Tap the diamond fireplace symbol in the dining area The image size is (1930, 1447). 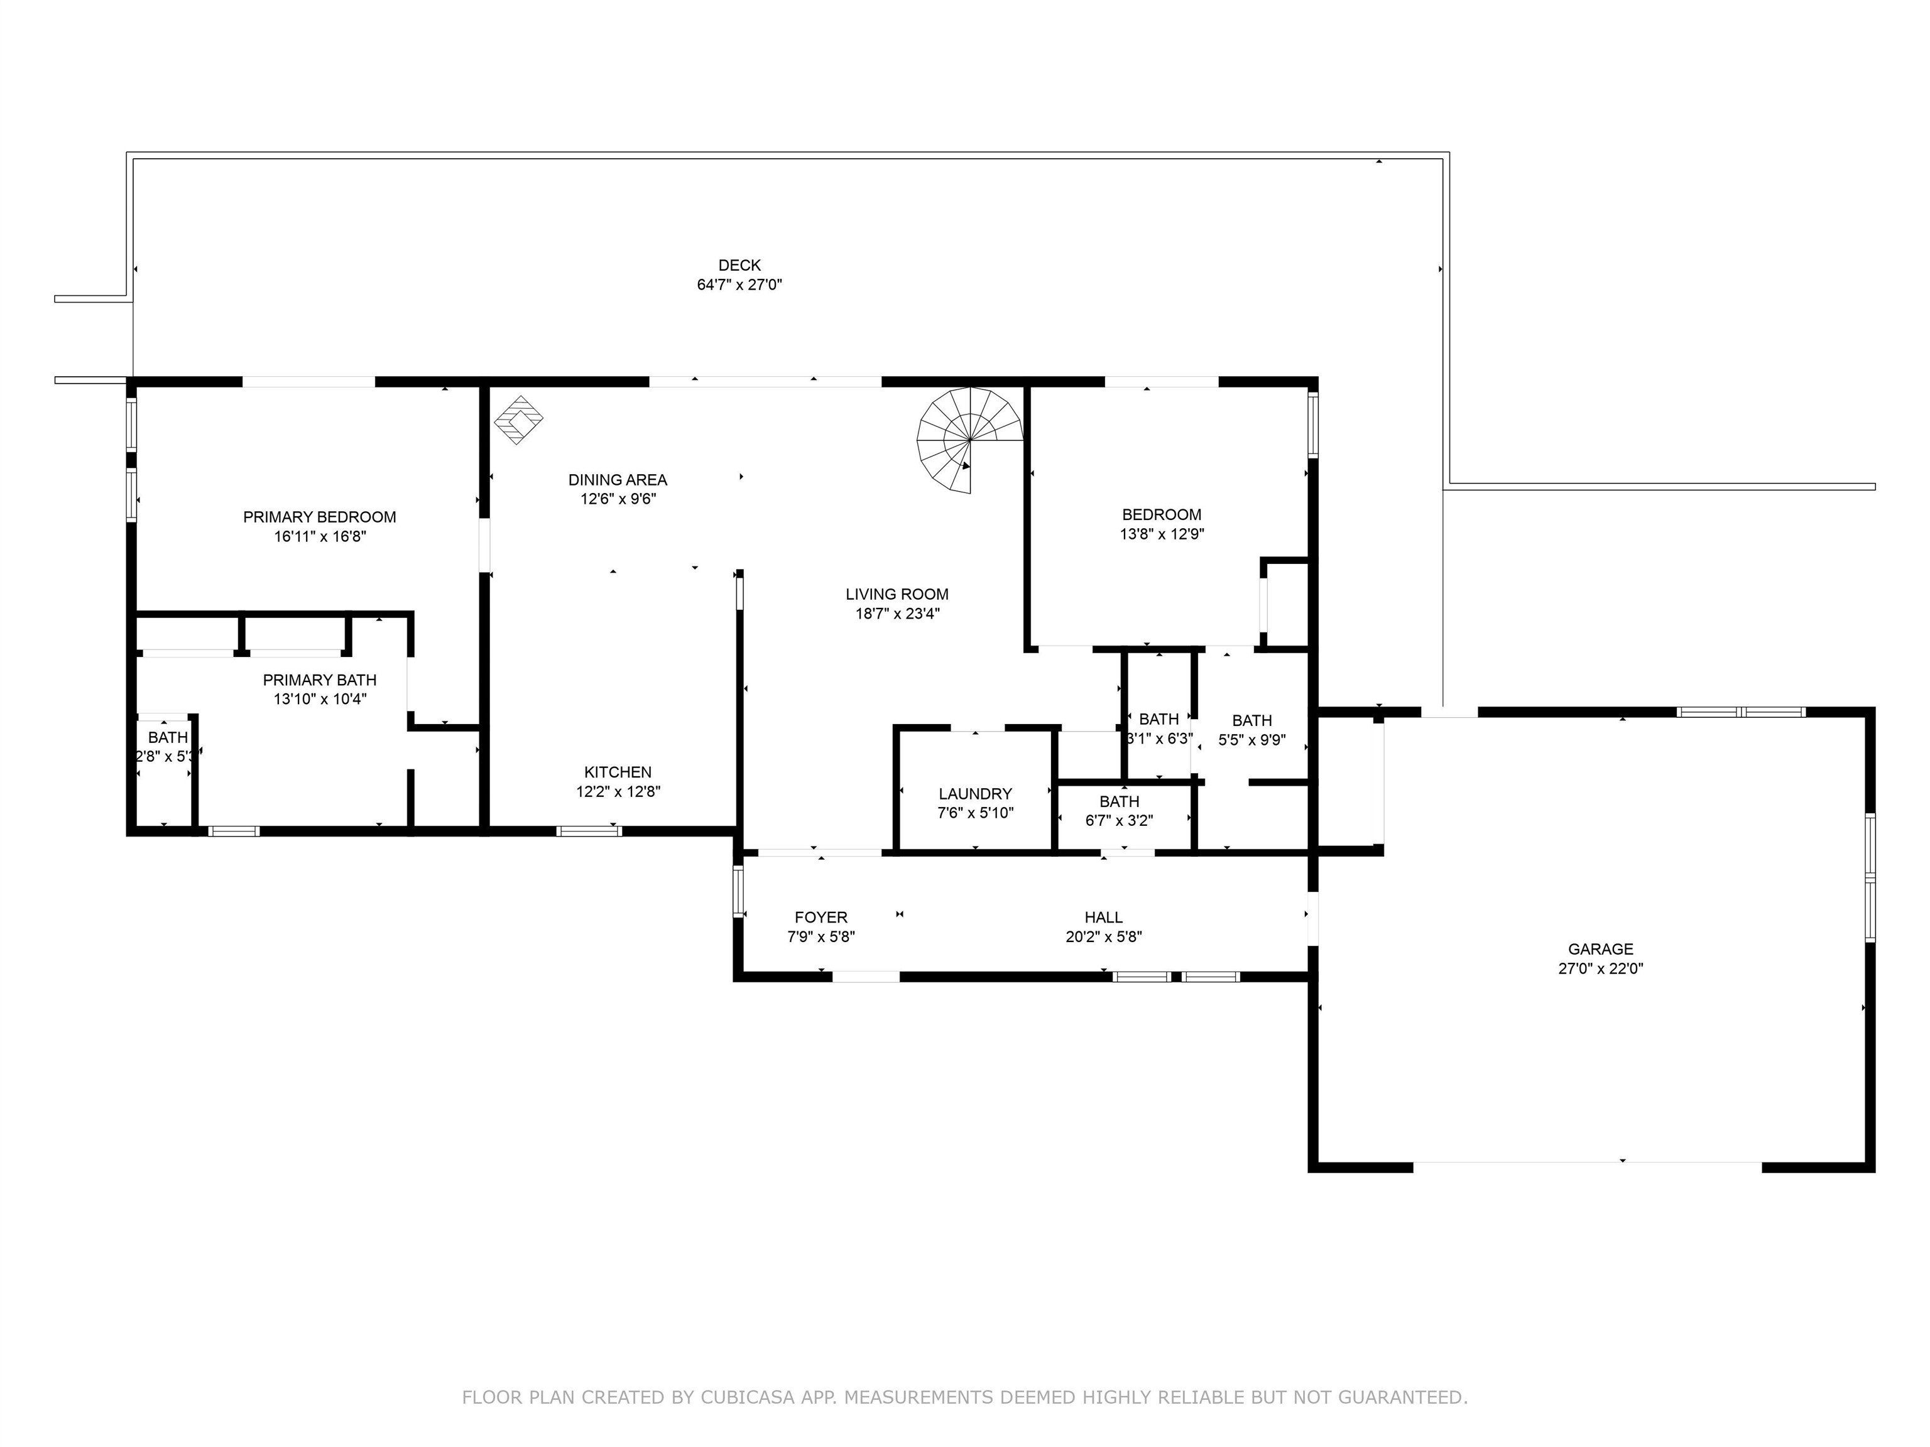(x=518, y=420)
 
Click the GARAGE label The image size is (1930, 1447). (x=1600, y=949)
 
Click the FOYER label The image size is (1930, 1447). (x=821, y=918)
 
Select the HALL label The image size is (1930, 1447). (x=1104, y=918)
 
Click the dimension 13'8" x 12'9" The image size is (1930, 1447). (x=1162, y=534)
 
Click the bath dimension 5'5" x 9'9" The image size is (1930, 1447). (x=1252, y=740)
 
